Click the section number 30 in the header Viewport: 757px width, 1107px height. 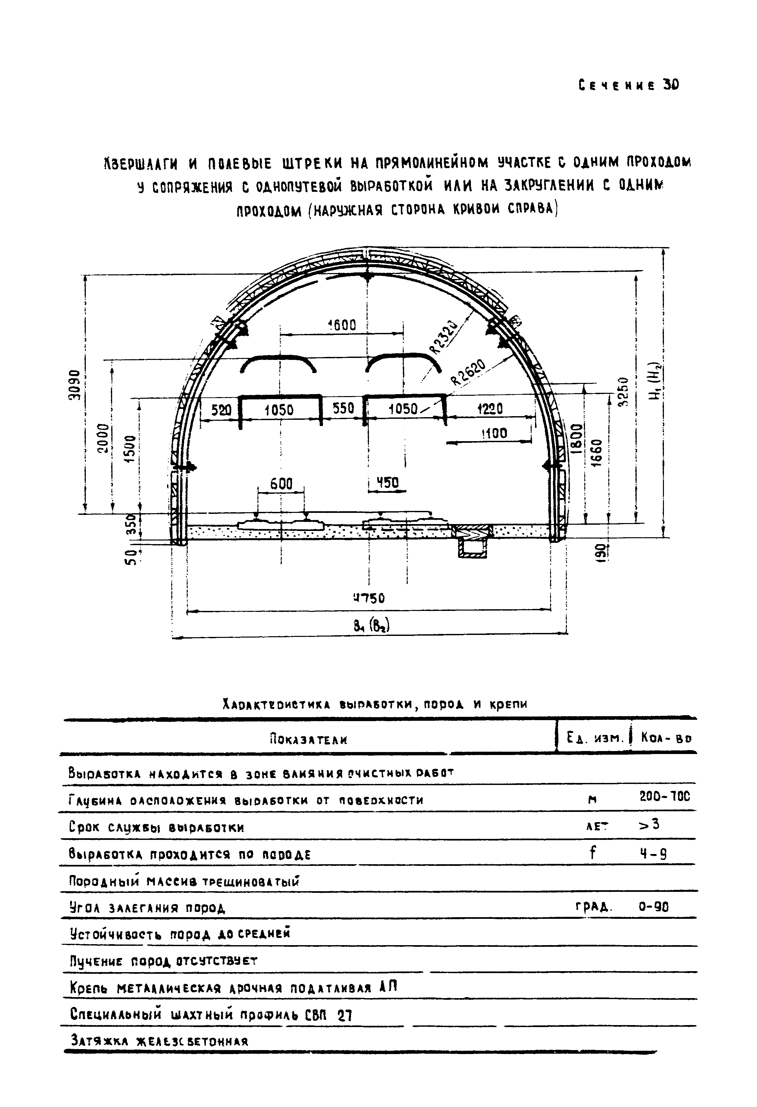click(x=671, y=85)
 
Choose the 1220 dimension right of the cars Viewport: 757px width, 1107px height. click(x=489, y=408)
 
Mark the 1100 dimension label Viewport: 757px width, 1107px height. click(x=494, y=434)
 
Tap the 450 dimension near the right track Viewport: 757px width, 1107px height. click(x=388, y=483)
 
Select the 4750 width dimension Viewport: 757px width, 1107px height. click(x=369, y=598)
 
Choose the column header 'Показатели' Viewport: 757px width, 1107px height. click(x=308, y=740)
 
